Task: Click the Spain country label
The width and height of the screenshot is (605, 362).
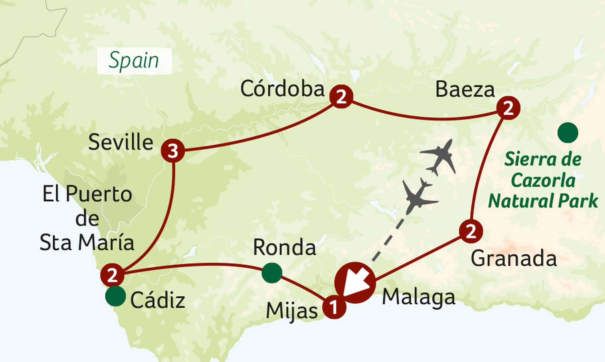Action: tap(134, 61)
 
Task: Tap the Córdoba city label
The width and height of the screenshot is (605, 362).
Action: tap(282, 89)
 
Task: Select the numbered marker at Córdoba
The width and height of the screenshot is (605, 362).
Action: tap(341, 96)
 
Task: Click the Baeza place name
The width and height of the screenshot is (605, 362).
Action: tap(465, 90)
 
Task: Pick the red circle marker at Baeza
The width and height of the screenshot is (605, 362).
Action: tap(508, 108)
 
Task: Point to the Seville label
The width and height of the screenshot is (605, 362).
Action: tap(121, 142)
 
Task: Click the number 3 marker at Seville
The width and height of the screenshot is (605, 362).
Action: tap(173, 151)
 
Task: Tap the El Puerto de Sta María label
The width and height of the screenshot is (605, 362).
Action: tap(87, 218)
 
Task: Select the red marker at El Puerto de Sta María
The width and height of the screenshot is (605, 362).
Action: tap(112, 275)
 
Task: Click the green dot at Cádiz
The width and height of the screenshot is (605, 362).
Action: tap(115, 296)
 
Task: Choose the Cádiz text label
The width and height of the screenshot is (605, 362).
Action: tap(158, 300)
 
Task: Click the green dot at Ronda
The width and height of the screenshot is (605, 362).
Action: tap(272, 273)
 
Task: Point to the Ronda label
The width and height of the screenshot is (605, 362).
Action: tap(285, 248)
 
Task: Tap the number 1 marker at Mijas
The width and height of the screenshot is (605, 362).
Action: tap(334, 307)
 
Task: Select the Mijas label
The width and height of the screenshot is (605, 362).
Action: tap(292, 312)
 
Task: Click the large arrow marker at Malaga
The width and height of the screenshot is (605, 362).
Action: tap(355, 283)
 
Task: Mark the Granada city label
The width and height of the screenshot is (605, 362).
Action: tap(514, 259)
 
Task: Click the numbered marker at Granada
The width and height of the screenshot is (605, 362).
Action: tap(471, 231)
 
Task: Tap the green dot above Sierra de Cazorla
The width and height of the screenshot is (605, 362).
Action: tap(568, 133)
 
